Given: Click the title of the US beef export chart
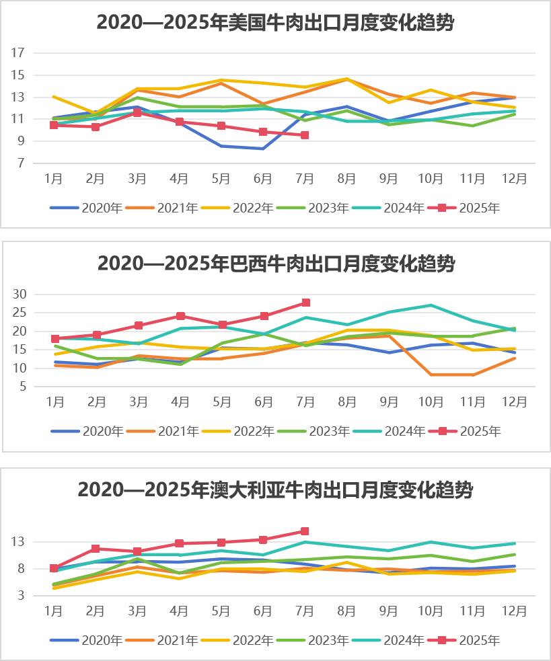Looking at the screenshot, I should [x=275, y=23].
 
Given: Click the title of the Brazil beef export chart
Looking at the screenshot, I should [x=275, y=263].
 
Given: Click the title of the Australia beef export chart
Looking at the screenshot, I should [x=275, y=490].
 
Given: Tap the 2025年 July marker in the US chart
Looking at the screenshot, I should [x=305, y=135].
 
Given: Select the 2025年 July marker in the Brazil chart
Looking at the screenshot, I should [x=306, y=303].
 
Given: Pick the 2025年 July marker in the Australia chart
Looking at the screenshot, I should [x=305, y=531].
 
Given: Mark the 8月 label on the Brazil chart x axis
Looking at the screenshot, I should [x=347, y=402].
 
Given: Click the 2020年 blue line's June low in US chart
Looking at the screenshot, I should [x=263, y=149].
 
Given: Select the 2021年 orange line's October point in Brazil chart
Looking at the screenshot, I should [x=431, y=375].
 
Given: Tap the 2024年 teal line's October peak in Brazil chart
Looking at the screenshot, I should [x=431, y=305].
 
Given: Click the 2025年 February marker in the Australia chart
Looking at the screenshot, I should [x=96, y=549].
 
